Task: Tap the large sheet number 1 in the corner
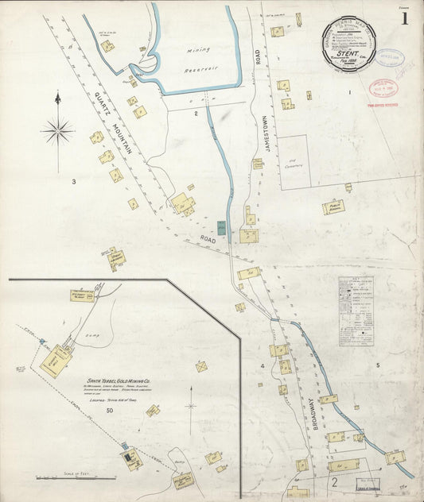[406, 17]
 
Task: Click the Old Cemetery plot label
[293, 164]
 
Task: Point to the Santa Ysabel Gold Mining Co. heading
[119, 377]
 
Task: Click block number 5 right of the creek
[379, 366]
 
